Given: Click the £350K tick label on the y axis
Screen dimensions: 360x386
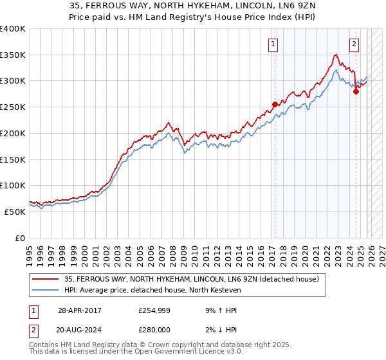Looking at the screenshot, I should [13, 55].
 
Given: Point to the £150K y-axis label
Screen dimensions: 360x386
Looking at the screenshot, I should [13, 159].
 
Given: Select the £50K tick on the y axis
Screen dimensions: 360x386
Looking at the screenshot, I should [15, 212].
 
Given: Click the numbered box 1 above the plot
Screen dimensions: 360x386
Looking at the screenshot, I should [274, 44].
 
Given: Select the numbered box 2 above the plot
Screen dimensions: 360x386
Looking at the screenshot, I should [354, 44].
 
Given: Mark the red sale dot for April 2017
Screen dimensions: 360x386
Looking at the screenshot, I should [275, 104].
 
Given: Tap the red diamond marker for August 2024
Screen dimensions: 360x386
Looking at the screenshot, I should [355, 91].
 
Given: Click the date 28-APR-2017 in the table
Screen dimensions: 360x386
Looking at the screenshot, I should [80, 310].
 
